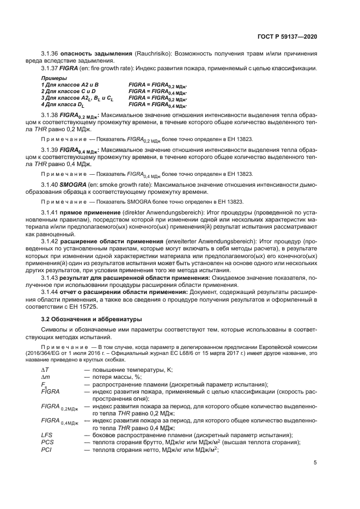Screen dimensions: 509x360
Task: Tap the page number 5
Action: (315, 463)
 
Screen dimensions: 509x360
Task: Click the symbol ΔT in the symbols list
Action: (45, 370)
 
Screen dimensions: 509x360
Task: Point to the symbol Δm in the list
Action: (45, 377)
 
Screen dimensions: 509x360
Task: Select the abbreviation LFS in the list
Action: (47, 434)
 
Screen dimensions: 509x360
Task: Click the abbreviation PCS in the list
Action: (47, 441)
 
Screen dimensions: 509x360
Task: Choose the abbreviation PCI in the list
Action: (47, 449)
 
